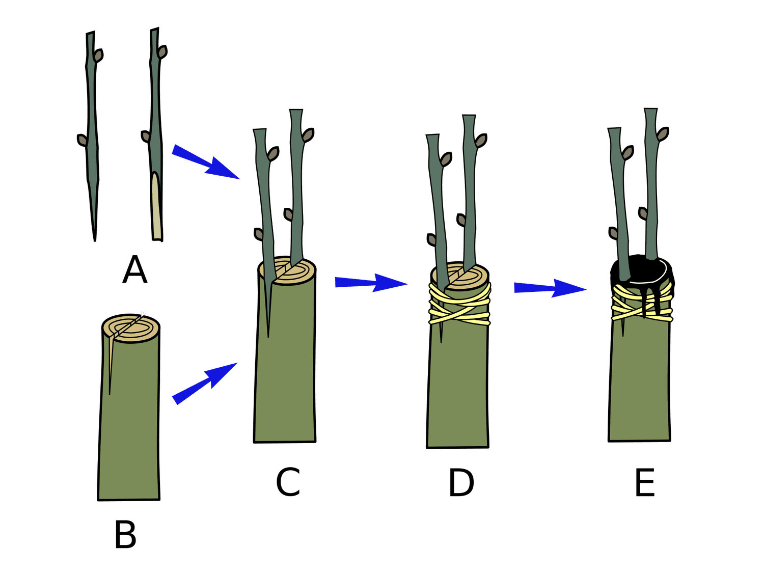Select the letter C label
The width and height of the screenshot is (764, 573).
coord(288,481)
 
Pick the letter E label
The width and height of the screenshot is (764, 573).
coord(645,482)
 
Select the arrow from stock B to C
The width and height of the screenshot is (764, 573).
coord(204,383)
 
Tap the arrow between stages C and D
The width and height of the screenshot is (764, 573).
coord(371,283)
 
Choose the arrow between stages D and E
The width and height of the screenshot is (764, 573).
coord(550,288)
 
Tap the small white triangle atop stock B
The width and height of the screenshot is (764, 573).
coord(143,314)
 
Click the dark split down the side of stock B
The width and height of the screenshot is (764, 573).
coord(110,367)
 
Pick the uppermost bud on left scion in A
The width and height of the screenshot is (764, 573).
coord(98,56)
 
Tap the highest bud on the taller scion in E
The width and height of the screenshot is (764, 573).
coord(662,134)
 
